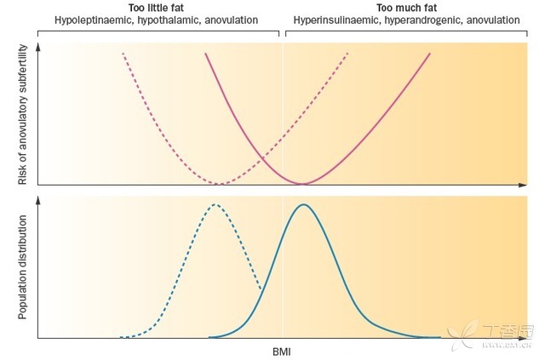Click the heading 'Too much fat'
405,7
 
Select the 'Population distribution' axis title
20,267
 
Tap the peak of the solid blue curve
302,205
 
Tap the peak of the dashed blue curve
215,204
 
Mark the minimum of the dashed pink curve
220,183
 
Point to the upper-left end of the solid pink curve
205,54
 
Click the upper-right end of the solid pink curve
430,54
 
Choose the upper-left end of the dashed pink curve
123,54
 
